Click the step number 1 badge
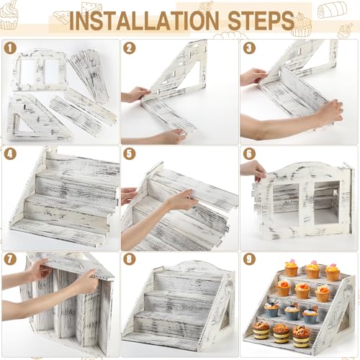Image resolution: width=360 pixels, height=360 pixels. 10,48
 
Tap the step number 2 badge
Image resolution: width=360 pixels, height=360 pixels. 130,48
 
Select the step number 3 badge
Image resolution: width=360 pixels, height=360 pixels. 249,48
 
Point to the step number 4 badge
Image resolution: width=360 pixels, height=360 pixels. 10,154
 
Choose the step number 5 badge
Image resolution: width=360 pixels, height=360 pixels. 130,154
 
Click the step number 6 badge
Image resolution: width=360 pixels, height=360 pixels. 249,154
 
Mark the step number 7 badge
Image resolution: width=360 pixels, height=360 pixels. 10,259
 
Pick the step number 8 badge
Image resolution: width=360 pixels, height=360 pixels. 130,259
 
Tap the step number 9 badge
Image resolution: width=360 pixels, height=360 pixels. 249,259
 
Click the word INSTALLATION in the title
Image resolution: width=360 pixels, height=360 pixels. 144,20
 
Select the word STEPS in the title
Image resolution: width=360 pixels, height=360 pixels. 261,20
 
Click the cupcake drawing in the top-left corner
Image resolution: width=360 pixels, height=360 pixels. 9,15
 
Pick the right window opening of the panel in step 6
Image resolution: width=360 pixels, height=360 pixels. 327,203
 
